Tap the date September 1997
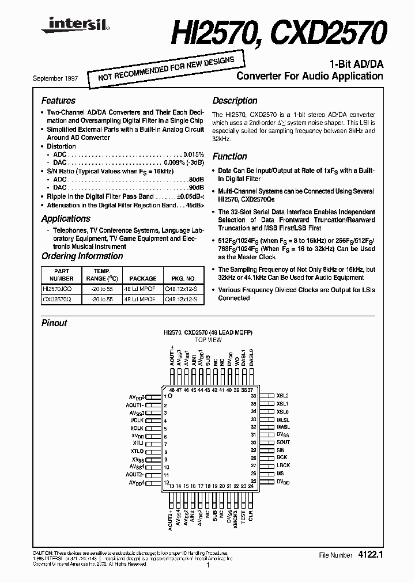tap(58, 78)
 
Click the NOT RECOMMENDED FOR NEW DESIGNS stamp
tap(161, 68)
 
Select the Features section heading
tap(58, 100)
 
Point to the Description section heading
tap(234, 100)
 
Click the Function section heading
tap(229, 156)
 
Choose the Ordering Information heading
tap(82, 256)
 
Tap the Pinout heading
tap(54, 323)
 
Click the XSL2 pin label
tap(282, 396)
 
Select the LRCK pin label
tap(283, 465)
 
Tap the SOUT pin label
tap(283, 442)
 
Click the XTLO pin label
tap(137, 451)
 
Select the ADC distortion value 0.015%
tap(194, 154)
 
